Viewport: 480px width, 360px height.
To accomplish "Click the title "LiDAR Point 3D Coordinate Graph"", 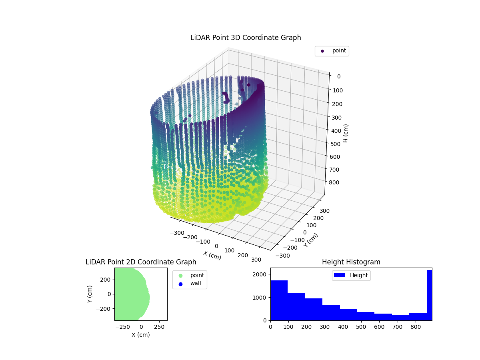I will (x=246, y=38).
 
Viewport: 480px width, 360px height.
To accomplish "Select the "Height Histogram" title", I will (x=351, y=262).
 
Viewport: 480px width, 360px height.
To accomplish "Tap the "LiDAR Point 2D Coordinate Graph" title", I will (x=141, y=262).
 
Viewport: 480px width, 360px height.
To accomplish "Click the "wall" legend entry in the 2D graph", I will (x=196, y=284).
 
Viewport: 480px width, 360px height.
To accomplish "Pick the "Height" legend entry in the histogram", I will (x=358, y=275).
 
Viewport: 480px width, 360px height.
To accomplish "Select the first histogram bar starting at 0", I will (x=279, y=300).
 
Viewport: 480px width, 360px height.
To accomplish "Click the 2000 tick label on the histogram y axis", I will (x=260, y=274).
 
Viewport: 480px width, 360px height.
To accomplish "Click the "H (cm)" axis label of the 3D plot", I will (x=346, y=133).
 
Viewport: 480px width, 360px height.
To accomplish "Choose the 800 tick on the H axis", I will (x=336, y=182).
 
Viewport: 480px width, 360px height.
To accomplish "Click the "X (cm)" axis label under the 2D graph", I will (x=141, y=335).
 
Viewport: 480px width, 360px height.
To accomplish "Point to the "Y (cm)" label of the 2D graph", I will (x=90, y=294).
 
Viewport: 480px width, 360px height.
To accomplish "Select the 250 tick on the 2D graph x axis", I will (x=160, y=326).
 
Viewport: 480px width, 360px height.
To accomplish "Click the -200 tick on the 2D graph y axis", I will (x=105, y=309).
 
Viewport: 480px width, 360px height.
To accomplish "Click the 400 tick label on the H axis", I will (x=336, y=130).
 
